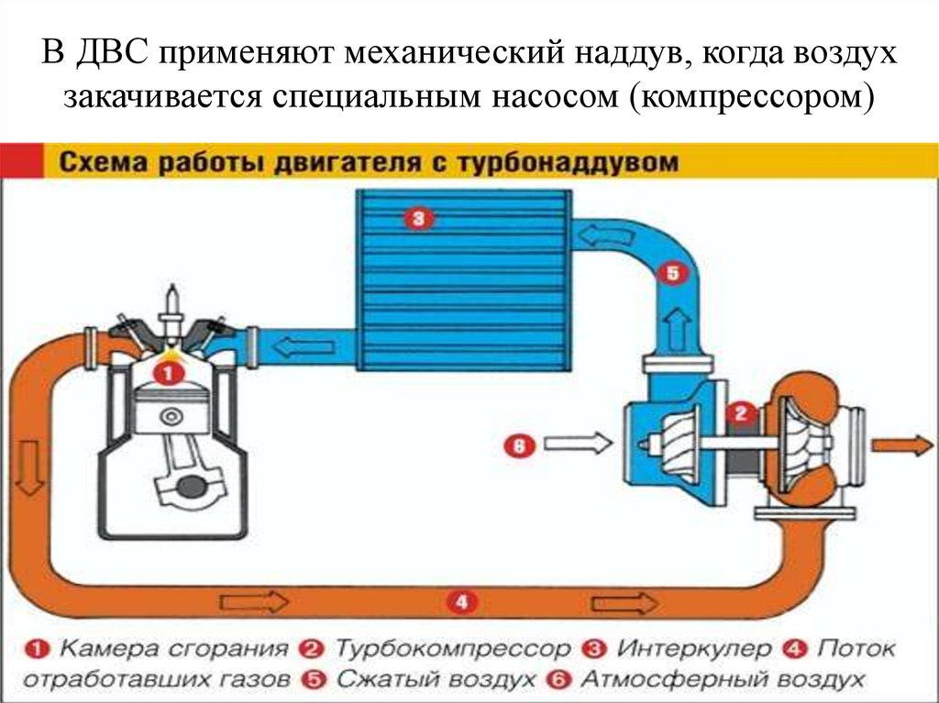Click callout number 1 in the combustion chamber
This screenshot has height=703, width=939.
tap(168, 373)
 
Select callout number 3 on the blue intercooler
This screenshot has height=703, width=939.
tap(417, 218)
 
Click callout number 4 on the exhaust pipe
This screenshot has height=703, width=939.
tap(461, 602)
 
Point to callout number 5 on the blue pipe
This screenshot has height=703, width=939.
tap(672, 273)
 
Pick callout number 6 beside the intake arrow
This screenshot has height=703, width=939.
tap(517, 446)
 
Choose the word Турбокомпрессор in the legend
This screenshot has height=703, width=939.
tap(452, 650)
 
